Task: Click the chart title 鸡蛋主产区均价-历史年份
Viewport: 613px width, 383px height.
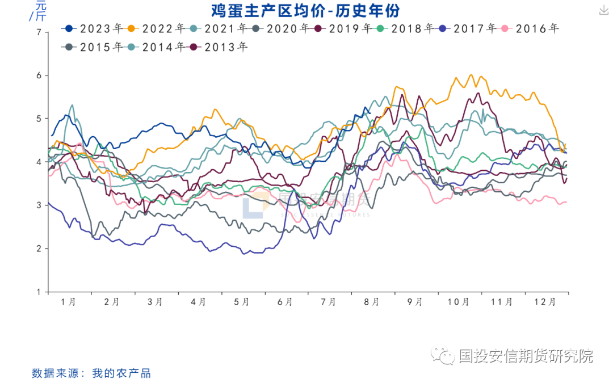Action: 306,10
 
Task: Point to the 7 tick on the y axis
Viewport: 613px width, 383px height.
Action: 39,32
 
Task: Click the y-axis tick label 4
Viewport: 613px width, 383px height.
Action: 39,162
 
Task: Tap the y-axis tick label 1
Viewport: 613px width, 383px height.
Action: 39,292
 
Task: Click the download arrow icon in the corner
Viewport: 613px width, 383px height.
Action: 603,10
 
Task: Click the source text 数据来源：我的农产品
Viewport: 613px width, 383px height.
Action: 91,373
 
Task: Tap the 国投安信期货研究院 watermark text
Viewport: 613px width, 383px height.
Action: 526,356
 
